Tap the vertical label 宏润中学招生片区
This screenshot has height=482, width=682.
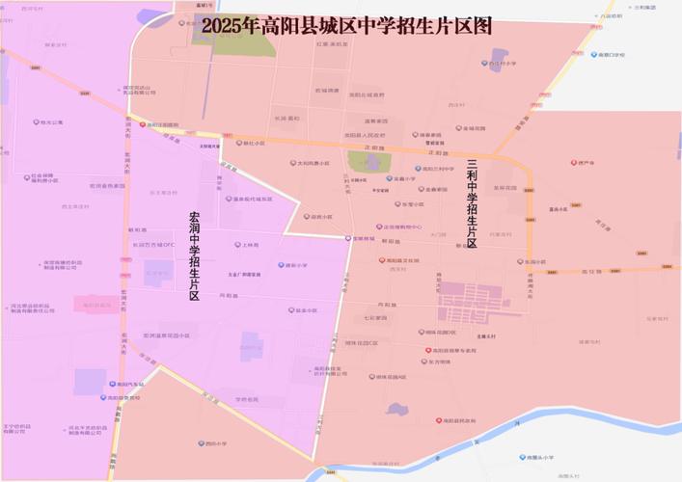(195, 255)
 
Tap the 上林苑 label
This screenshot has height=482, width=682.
(250, 245)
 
